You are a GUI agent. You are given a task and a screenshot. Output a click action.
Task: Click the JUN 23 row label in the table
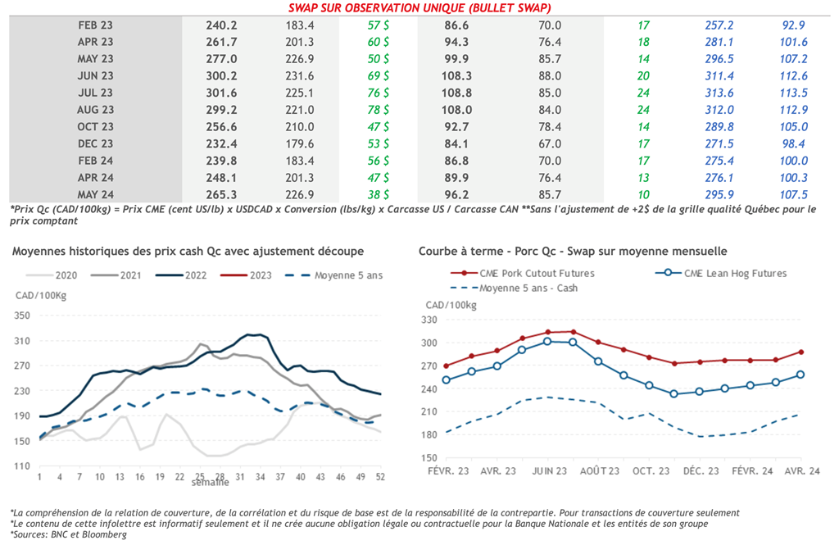click(96, 75)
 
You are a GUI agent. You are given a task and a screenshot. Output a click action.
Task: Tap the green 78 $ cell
click(379, 110)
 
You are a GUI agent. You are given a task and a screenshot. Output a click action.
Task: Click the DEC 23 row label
click(96, 143)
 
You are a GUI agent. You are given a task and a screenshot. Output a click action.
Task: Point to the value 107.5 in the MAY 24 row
click(794, 195)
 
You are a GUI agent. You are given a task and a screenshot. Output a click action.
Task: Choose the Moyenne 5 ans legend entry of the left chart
click(338, 275)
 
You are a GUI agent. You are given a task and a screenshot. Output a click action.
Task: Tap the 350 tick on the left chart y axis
click(22, 316)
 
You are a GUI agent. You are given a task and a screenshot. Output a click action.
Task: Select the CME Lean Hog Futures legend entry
click(734, 273)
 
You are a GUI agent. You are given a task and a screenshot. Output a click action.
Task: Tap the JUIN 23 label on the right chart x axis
click(548, 470)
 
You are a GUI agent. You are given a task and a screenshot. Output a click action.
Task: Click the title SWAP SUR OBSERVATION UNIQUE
click(419, 8)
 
